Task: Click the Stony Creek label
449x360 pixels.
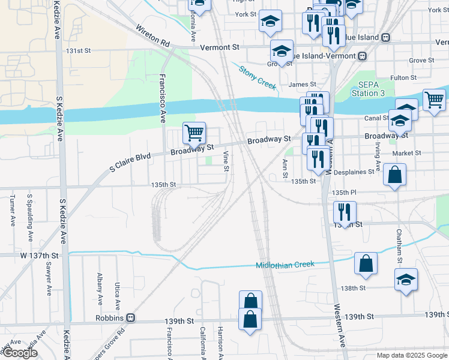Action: tap(258, 78)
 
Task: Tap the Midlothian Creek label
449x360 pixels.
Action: tap(285, 265)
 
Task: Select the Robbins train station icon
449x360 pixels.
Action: tap(130, 318)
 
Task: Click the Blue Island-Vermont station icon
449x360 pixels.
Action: tap(362, 56)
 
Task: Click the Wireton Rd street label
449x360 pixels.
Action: tap(153, 37)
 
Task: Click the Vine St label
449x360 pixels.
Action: tap(226, 161)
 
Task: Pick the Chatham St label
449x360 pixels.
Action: tap(399, 245)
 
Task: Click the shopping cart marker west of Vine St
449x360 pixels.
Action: tap(194, 133)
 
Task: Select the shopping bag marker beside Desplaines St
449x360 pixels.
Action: tap(394, 176)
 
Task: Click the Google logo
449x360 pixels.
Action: tap(20, 353)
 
